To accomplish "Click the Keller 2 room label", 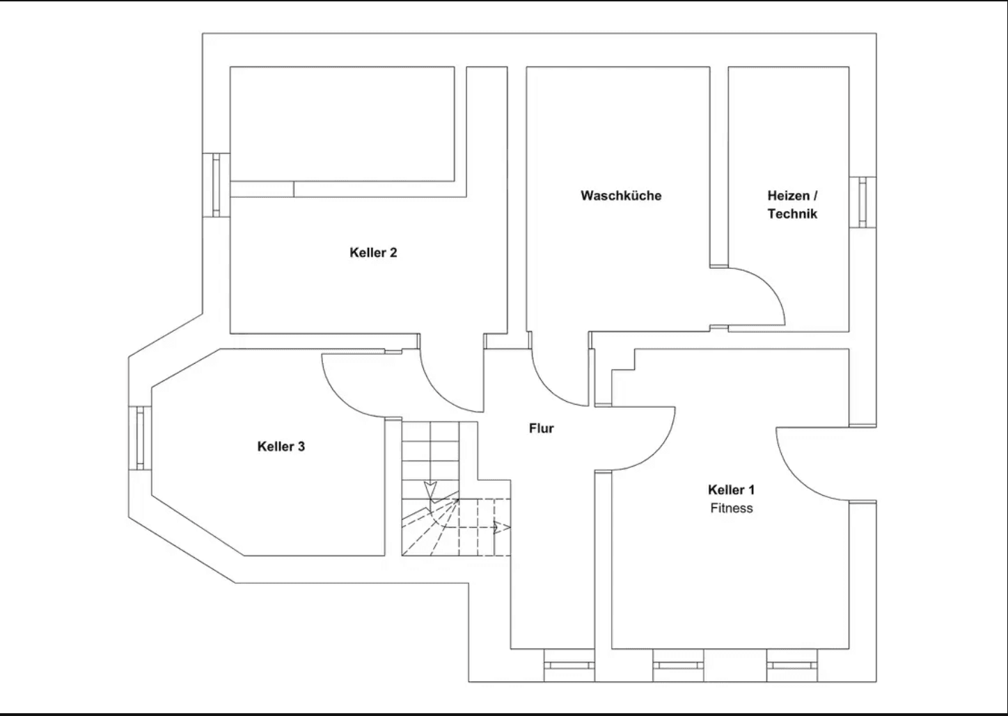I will (373, 253).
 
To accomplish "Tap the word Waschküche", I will (621, 196).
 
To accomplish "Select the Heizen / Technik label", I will (792, 205).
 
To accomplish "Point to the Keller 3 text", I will (281, 446).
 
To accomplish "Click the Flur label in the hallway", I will (541, 428).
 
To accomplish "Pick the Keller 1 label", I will (731, 490).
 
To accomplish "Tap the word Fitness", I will (731, 508).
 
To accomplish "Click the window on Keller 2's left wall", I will (216, 185).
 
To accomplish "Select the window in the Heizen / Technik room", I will (863, 202).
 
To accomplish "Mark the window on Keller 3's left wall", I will (140, 438).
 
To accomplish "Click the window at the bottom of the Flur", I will (569, 665).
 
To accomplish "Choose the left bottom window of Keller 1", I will (678, 665).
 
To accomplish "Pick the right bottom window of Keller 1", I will (792, 665).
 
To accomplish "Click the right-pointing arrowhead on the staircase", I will (498, 527).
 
